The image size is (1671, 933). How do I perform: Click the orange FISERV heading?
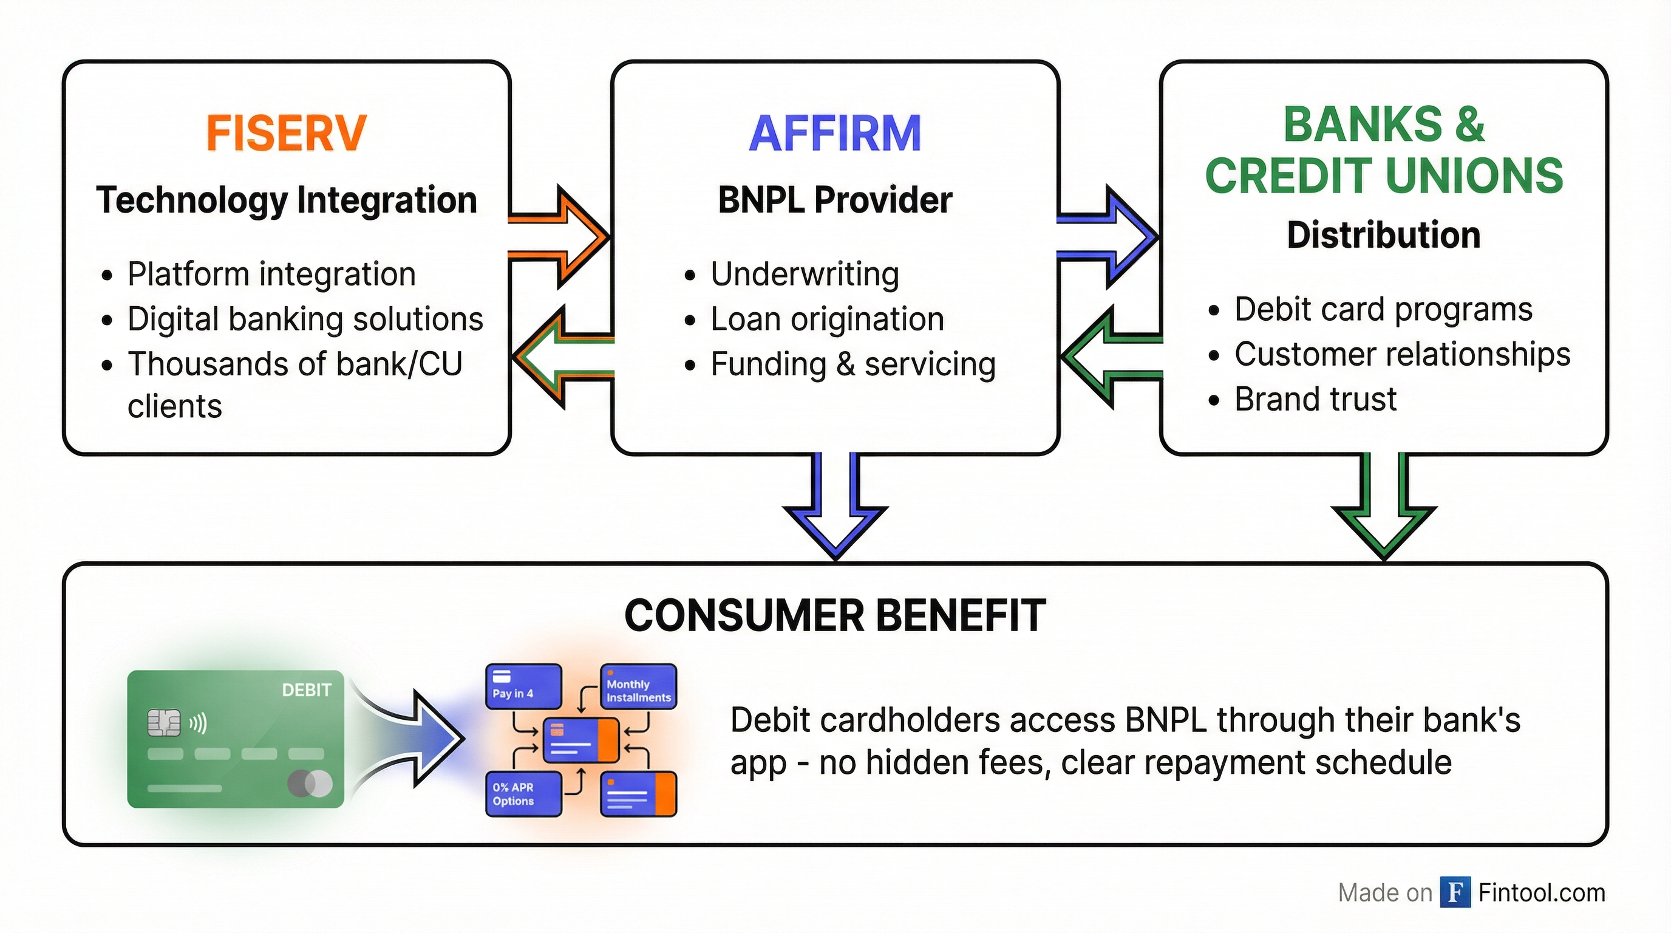[286, 133]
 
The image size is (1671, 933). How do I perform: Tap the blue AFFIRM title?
[834, 134]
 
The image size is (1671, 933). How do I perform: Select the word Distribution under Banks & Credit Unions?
[1383, 235]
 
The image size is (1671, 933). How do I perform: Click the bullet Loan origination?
[826, 320]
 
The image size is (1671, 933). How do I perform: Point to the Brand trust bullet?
[1315, 399]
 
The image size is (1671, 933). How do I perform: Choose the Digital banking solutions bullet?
[305, 320]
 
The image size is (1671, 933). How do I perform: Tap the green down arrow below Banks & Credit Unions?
[1384, 513]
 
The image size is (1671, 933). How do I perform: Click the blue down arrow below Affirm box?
[836, 513]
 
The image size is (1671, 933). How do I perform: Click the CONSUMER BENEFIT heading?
[834, 615]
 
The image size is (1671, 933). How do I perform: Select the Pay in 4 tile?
[523, 686]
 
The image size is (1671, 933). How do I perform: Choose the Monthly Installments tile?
[638, 686]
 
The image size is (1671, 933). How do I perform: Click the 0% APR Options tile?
[523, 793]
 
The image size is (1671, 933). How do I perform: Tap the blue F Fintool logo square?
[1455, 892]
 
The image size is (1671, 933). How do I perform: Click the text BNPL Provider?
[834, 200]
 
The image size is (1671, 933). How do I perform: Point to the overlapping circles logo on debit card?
[310, 784]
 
